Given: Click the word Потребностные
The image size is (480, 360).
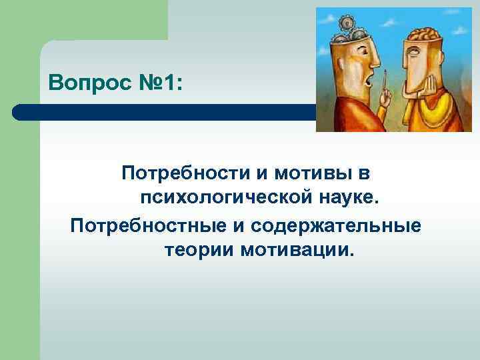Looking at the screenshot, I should pyautogui.click(x=148, y=225).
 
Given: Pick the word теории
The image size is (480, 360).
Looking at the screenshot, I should pyautogui.click(x=198, y=251).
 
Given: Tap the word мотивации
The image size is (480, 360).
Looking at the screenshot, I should pyautogui.click(x=295, y=251).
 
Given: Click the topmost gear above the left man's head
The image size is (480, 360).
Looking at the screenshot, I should pyautogui.click(x=346, y=24).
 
